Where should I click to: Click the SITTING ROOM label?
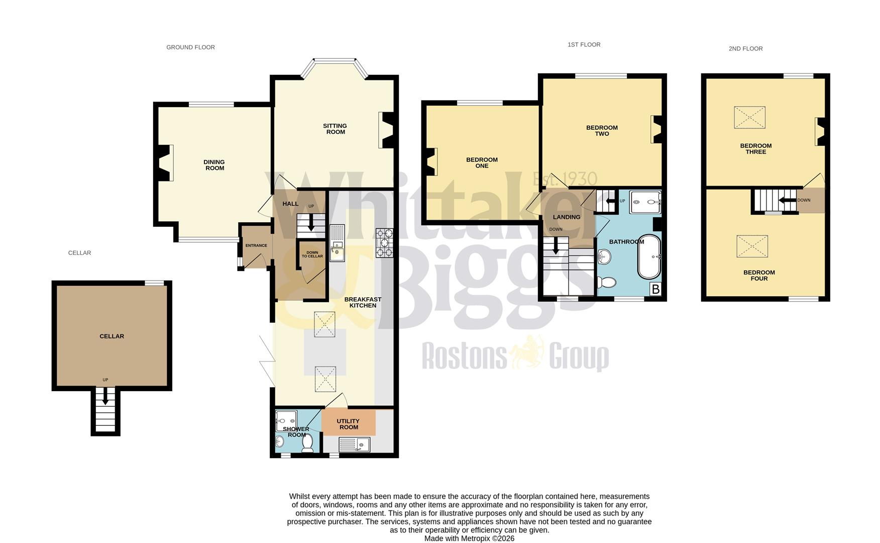tap(335, 129)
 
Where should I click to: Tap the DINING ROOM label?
tap(214, 165)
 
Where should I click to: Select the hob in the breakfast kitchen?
tap(384, 243)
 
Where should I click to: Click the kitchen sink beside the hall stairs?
tap(337, 243)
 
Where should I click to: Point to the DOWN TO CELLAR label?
tap(312, 254)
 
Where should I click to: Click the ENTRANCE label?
tap(256, 246)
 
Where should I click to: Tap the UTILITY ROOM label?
tap(348, 424)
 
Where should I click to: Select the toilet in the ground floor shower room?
tap(307, 442)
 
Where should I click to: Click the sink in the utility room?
tap(354, 444)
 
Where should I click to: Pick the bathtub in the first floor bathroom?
tap(649, 256)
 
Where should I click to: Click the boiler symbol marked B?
tap(655, 290)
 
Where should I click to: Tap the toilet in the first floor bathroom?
tap(607, 282)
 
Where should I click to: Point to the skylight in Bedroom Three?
tap(749, 117)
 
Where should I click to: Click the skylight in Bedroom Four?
tap(752, 246)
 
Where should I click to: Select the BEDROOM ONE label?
tap(482, 162)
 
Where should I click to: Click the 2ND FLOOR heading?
tap(745, 49)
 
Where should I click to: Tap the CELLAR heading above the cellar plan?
tap(79, 253)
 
